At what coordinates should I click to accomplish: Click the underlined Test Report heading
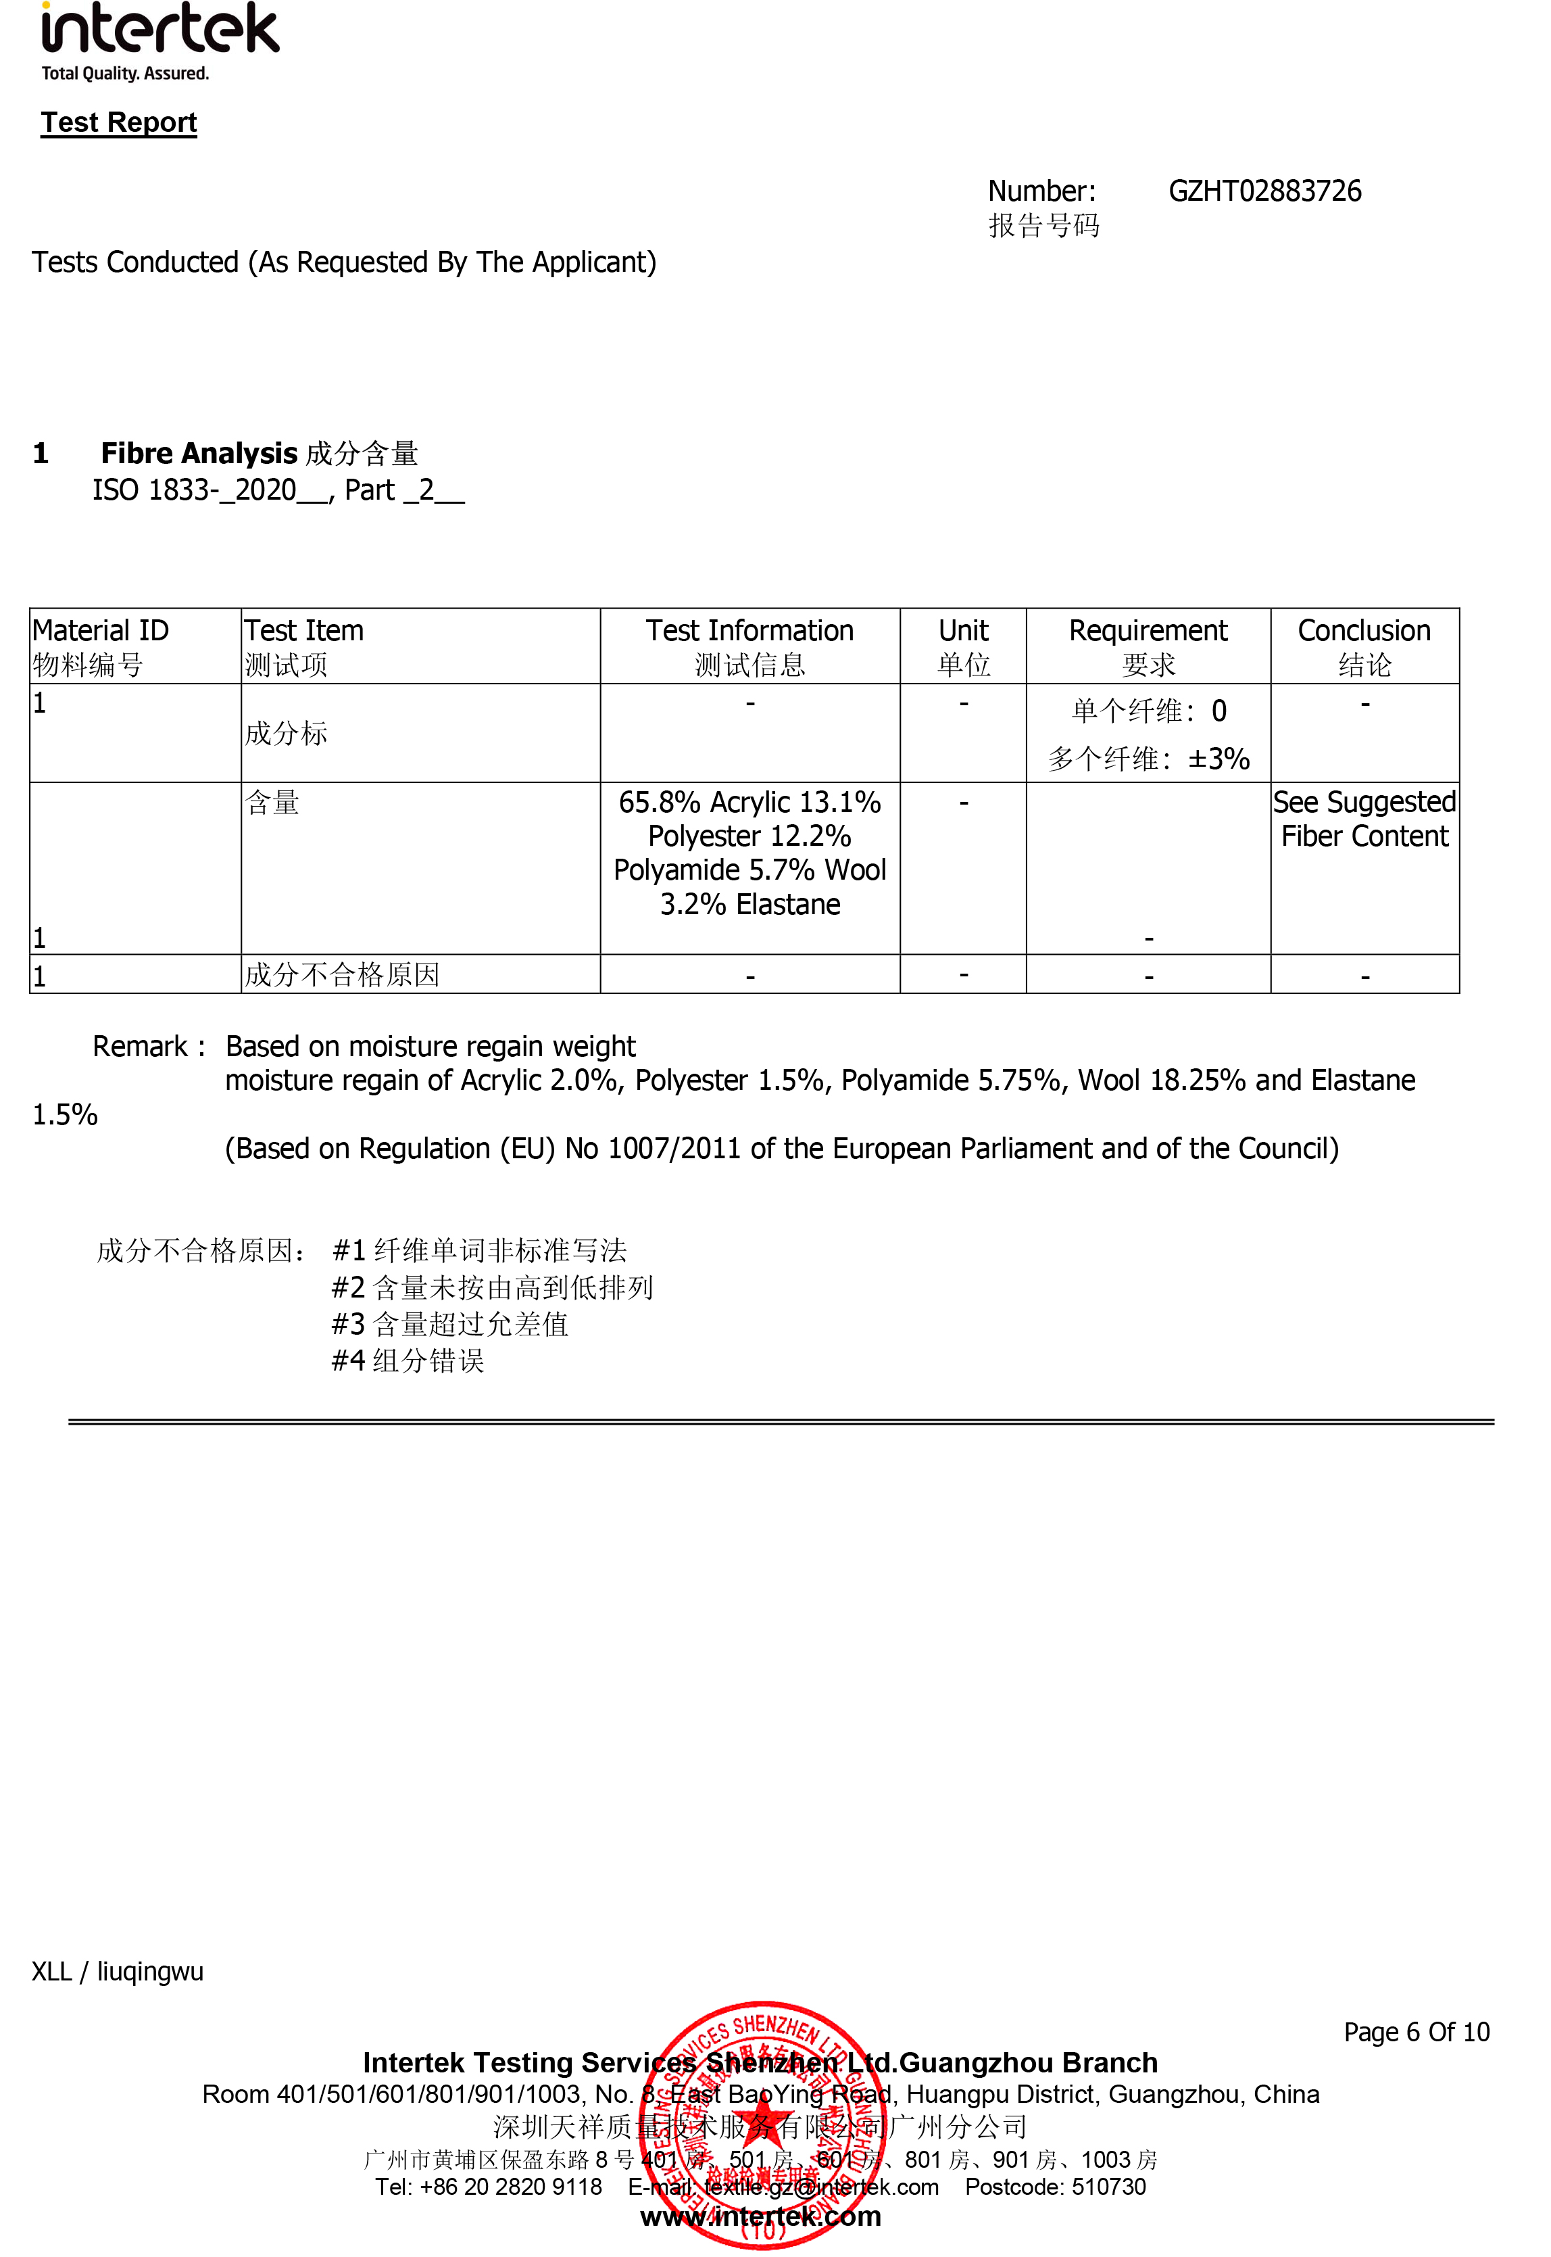click(x=118, y=122)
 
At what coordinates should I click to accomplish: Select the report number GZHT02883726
click(x=1264, y=191)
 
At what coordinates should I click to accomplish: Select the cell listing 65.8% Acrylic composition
click(x=749, y=853)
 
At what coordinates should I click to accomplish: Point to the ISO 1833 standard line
click(x=278, y=490)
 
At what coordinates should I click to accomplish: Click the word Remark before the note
click(x=140, y=1046)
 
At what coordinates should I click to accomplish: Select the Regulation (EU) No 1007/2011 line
click(x=781, y=1148)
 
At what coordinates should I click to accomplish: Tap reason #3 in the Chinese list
click(x=450, y=1324)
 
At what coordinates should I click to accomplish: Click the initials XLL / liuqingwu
click(x=118, y=1971)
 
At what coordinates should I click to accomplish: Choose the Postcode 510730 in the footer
click(x=1056, y=2186)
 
